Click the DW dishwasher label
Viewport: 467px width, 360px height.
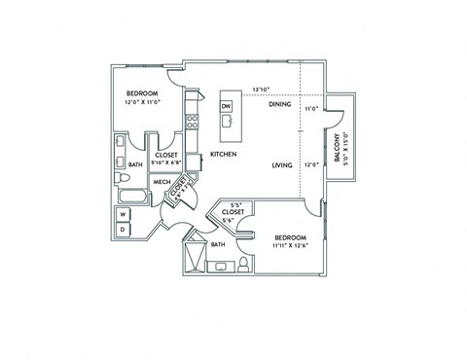tap(226, 106)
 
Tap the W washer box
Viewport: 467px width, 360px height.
tap(125, 214)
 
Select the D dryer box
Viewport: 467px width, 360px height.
tap(125, 230)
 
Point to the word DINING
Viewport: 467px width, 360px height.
tap(280, 104)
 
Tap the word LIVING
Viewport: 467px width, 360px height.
tap(283, 165)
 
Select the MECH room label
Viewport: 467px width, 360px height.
tap(162, 181)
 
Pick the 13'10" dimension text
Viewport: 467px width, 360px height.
tap(261, 89)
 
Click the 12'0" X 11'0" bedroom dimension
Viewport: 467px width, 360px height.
tap(141, 101)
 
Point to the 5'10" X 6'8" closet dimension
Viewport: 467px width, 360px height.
tap(165, 162)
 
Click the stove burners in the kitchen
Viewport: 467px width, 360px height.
tap(193, 124)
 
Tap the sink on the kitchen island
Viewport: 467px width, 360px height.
tap(227, 122)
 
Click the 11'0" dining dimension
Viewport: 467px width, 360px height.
tap(311, 109)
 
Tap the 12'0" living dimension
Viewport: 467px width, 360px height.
tap(311, 165)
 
